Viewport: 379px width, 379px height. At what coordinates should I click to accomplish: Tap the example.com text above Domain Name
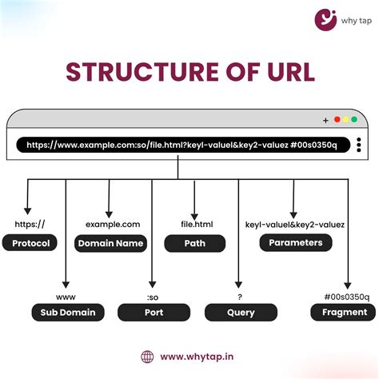(113, 225)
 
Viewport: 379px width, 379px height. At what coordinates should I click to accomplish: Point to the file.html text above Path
(195, 225)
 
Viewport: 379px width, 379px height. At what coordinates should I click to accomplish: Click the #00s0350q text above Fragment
(346, 296)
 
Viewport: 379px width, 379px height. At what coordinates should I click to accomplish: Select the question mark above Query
(238, 296)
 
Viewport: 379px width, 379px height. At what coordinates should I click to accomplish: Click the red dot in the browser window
(337, 120)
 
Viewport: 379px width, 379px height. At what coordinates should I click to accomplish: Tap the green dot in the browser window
(354, 120)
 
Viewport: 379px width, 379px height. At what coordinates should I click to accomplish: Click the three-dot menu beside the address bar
(359, 146)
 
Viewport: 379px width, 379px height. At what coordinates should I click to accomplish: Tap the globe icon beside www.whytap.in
(147, 357)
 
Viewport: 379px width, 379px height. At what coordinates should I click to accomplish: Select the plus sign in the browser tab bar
(325, 121)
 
